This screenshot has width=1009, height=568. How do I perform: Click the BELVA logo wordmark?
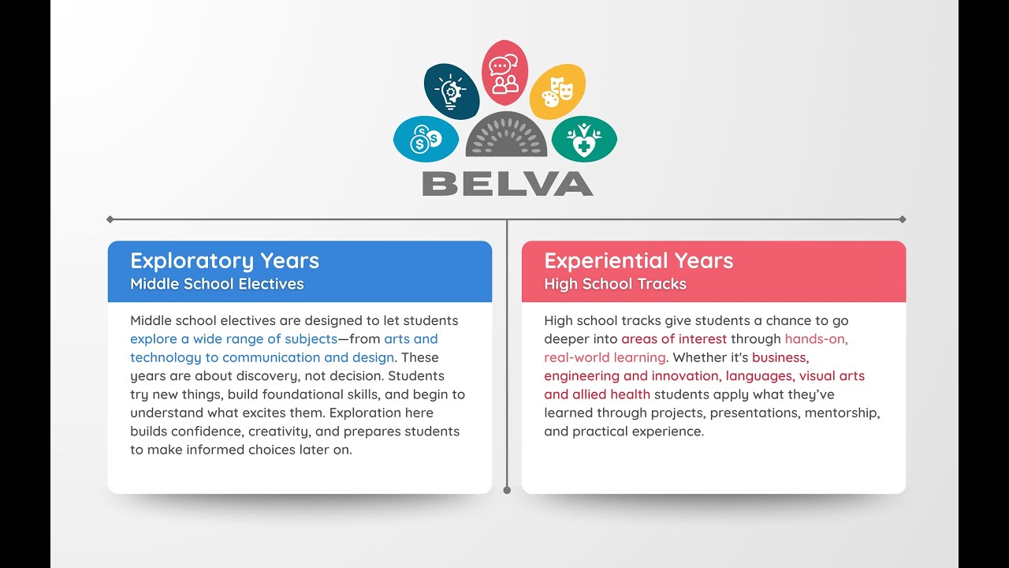(508, 184)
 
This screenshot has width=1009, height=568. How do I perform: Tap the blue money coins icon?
(426, 140)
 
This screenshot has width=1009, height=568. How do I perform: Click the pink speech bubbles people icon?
(504, 73)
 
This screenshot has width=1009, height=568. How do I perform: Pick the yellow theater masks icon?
(557, 92)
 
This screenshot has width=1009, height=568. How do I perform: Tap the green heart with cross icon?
(584, 140)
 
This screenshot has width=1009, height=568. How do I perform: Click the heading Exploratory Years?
(225, 261)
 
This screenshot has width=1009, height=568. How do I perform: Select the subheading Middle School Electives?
(217, 284)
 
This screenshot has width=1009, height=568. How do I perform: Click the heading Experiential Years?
(639, 261)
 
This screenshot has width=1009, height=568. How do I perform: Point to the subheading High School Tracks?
(615, 284)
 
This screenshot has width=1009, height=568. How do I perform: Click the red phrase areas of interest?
(674, 339)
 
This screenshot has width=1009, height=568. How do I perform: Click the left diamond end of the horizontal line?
(110, 219)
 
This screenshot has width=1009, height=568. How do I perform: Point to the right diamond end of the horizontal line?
(903, 219)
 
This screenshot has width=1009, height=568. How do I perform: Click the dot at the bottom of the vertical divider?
(507, 490)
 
